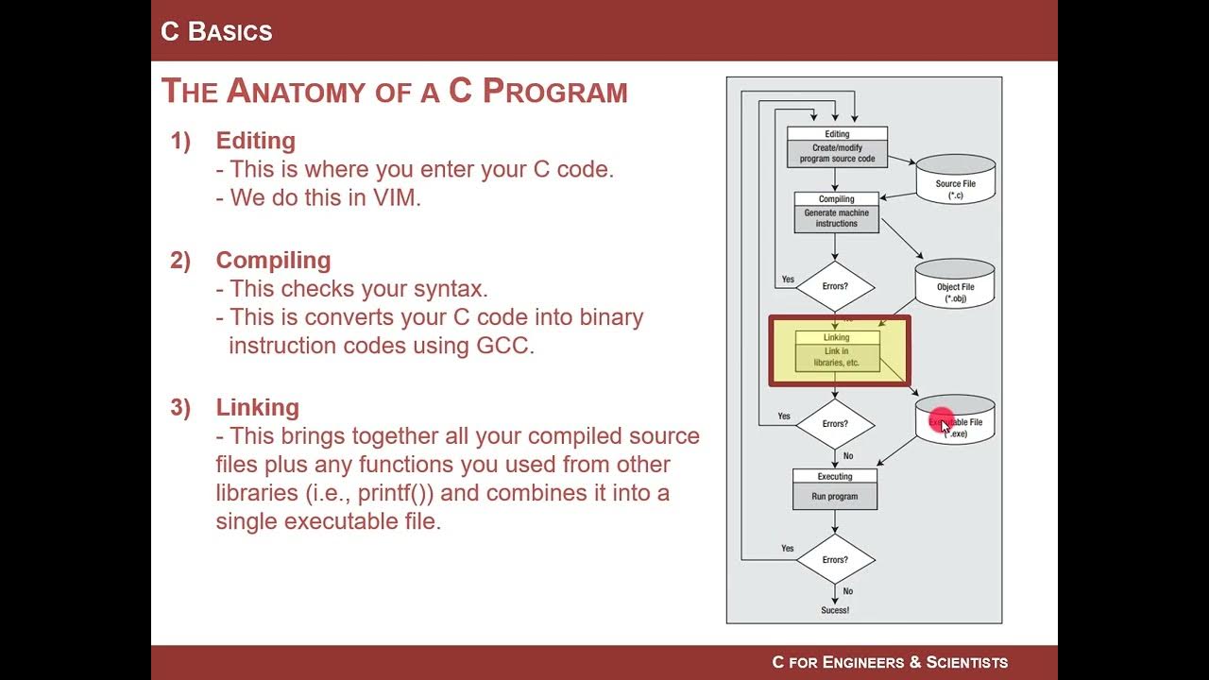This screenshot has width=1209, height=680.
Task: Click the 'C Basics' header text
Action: coord(216,31)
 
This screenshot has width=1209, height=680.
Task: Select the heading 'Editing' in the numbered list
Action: coord(255,141)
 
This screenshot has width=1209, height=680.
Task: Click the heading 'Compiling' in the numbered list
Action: coord(273,261)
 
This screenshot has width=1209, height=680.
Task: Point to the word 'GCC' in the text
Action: coord(504,345)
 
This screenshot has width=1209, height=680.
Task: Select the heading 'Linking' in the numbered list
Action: coord(257,407)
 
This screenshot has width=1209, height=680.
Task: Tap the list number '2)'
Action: coord(180,261)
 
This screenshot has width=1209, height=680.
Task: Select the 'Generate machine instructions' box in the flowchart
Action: coord(836,218)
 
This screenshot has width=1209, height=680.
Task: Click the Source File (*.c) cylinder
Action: coord(955,179)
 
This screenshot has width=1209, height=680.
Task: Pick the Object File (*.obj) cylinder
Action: coord(954,283)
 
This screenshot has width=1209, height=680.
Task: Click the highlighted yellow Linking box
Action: coord(837,350)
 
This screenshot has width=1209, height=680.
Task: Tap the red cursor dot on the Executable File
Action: coord(942,421)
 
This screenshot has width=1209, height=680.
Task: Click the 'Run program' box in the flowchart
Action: coord(835,496)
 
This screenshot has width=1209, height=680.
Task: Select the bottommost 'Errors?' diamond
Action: coord(835,559)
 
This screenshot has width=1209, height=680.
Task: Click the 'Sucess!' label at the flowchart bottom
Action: coord(835,610)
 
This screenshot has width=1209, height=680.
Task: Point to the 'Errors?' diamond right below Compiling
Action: coord(835,286)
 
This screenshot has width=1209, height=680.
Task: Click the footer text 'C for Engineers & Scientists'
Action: coord(890,662)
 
